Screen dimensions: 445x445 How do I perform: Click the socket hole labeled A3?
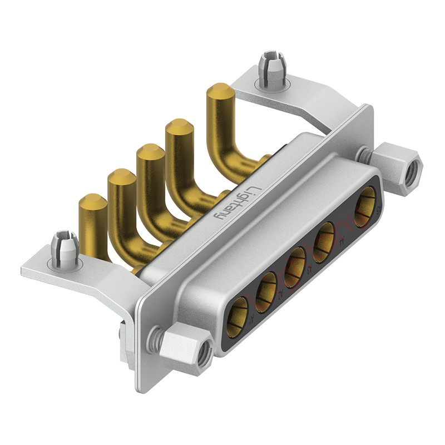click(x=295, y=261)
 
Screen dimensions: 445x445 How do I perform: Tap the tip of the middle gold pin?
click(x=149, y=151)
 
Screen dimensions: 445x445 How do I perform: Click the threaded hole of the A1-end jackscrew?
click(x=204, y=351)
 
